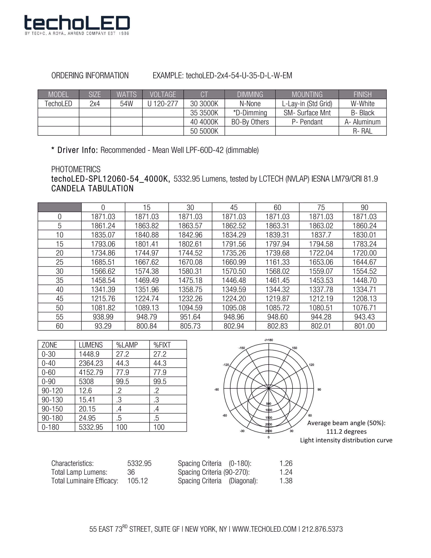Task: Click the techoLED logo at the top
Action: [77, 25]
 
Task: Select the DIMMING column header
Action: [250, 95]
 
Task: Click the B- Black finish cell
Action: [362, 113]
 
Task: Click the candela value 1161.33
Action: [277, 262]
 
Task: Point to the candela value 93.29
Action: [103, 326]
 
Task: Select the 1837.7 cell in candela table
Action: [321, 235]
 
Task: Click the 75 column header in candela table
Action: [321, 207]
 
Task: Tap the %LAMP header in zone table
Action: [127, 345]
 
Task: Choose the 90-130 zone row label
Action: [52, 400]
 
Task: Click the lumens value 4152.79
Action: [91, 372]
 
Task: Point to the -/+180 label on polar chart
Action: [269, 340]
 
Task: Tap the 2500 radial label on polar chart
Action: [269, 431]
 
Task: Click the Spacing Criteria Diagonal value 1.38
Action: [286, 481]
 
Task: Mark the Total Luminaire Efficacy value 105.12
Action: [138, 481]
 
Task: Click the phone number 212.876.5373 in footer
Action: [322, 529]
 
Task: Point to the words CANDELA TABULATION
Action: [92, 188]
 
